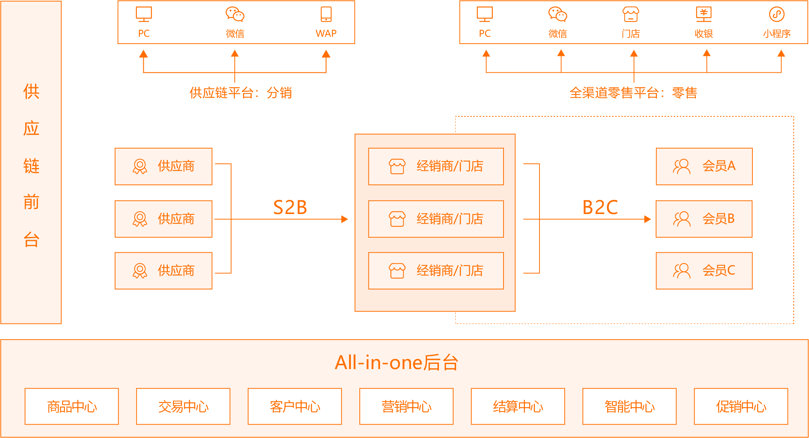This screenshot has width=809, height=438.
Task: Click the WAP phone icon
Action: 326,14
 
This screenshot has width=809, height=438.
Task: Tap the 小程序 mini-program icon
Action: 777,15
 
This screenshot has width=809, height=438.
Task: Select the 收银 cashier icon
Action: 703,15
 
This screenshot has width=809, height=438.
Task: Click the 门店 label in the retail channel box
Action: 631,34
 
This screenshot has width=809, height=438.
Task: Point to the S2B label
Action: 290,208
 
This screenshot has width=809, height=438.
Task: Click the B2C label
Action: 600,208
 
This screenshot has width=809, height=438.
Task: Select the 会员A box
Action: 704,167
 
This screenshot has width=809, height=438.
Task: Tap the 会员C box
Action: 704,271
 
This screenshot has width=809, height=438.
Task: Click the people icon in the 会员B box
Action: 682,219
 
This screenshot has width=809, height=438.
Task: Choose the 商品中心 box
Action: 72,407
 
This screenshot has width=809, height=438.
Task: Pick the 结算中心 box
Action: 518,407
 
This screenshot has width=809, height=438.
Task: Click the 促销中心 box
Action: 741,407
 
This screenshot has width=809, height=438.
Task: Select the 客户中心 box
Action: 295,407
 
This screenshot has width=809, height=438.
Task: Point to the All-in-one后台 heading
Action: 396,362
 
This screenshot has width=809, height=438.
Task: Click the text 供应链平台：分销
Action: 240,93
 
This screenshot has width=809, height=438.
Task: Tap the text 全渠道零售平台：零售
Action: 633,93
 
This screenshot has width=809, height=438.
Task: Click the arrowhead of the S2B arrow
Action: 344,219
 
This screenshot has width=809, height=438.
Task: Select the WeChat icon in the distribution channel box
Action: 235,15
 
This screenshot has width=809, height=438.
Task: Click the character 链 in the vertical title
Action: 31,166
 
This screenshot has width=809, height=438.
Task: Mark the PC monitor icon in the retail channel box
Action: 485,15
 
